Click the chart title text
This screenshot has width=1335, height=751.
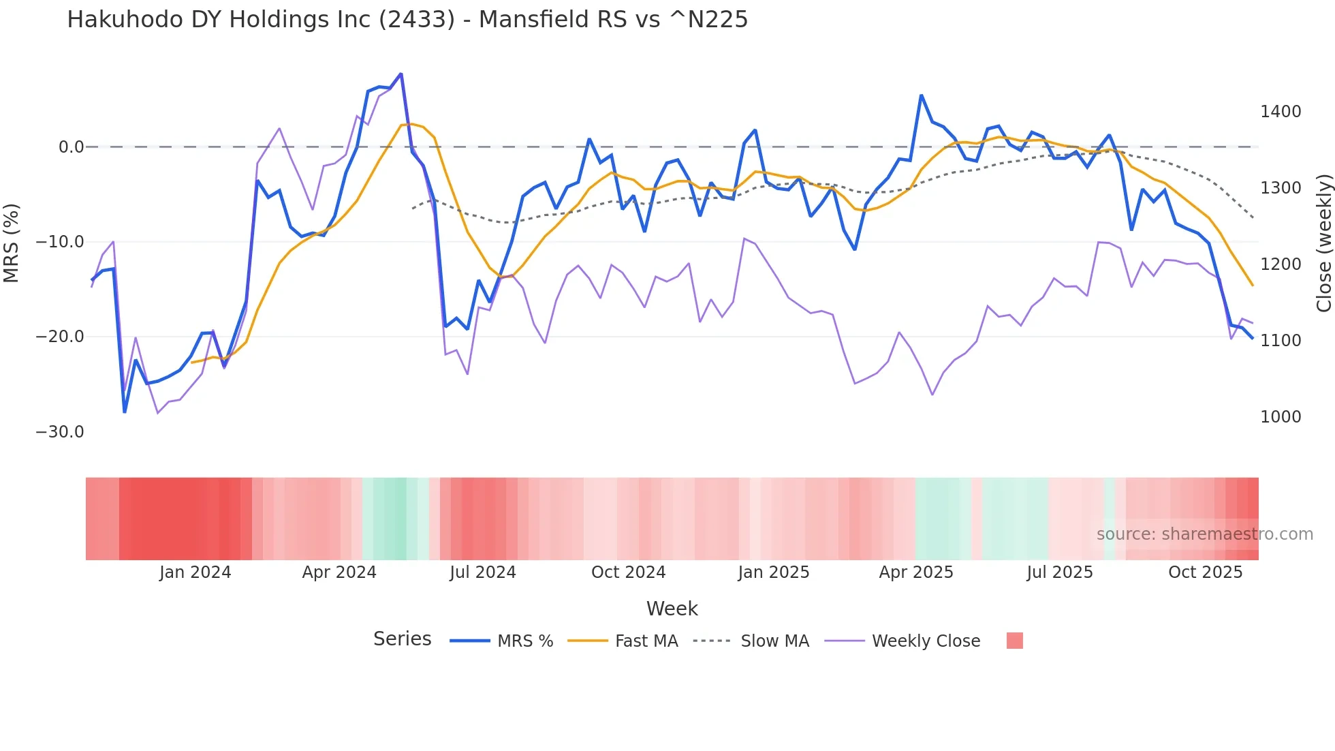407,20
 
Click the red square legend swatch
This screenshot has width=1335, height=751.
1014,641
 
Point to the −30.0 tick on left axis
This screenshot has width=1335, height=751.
60,432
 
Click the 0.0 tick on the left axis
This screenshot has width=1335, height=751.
71,147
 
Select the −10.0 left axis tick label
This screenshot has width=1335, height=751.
60,242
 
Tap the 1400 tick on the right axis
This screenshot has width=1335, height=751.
1280,112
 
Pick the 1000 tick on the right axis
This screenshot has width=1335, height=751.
1280,417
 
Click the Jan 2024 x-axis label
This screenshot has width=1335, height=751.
195,572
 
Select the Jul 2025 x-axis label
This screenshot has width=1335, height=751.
1060,572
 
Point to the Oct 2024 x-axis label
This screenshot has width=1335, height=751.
628,572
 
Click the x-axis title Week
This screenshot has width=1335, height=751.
672,609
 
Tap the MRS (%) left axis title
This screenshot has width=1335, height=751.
12,243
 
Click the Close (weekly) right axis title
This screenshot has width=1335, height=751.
1323,243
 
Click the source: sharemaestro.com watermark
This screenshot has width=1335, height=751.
1204,534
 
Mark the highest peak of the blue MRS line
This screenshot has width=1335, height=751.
400,74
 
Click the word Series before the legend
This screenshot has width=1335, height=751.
402,639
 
